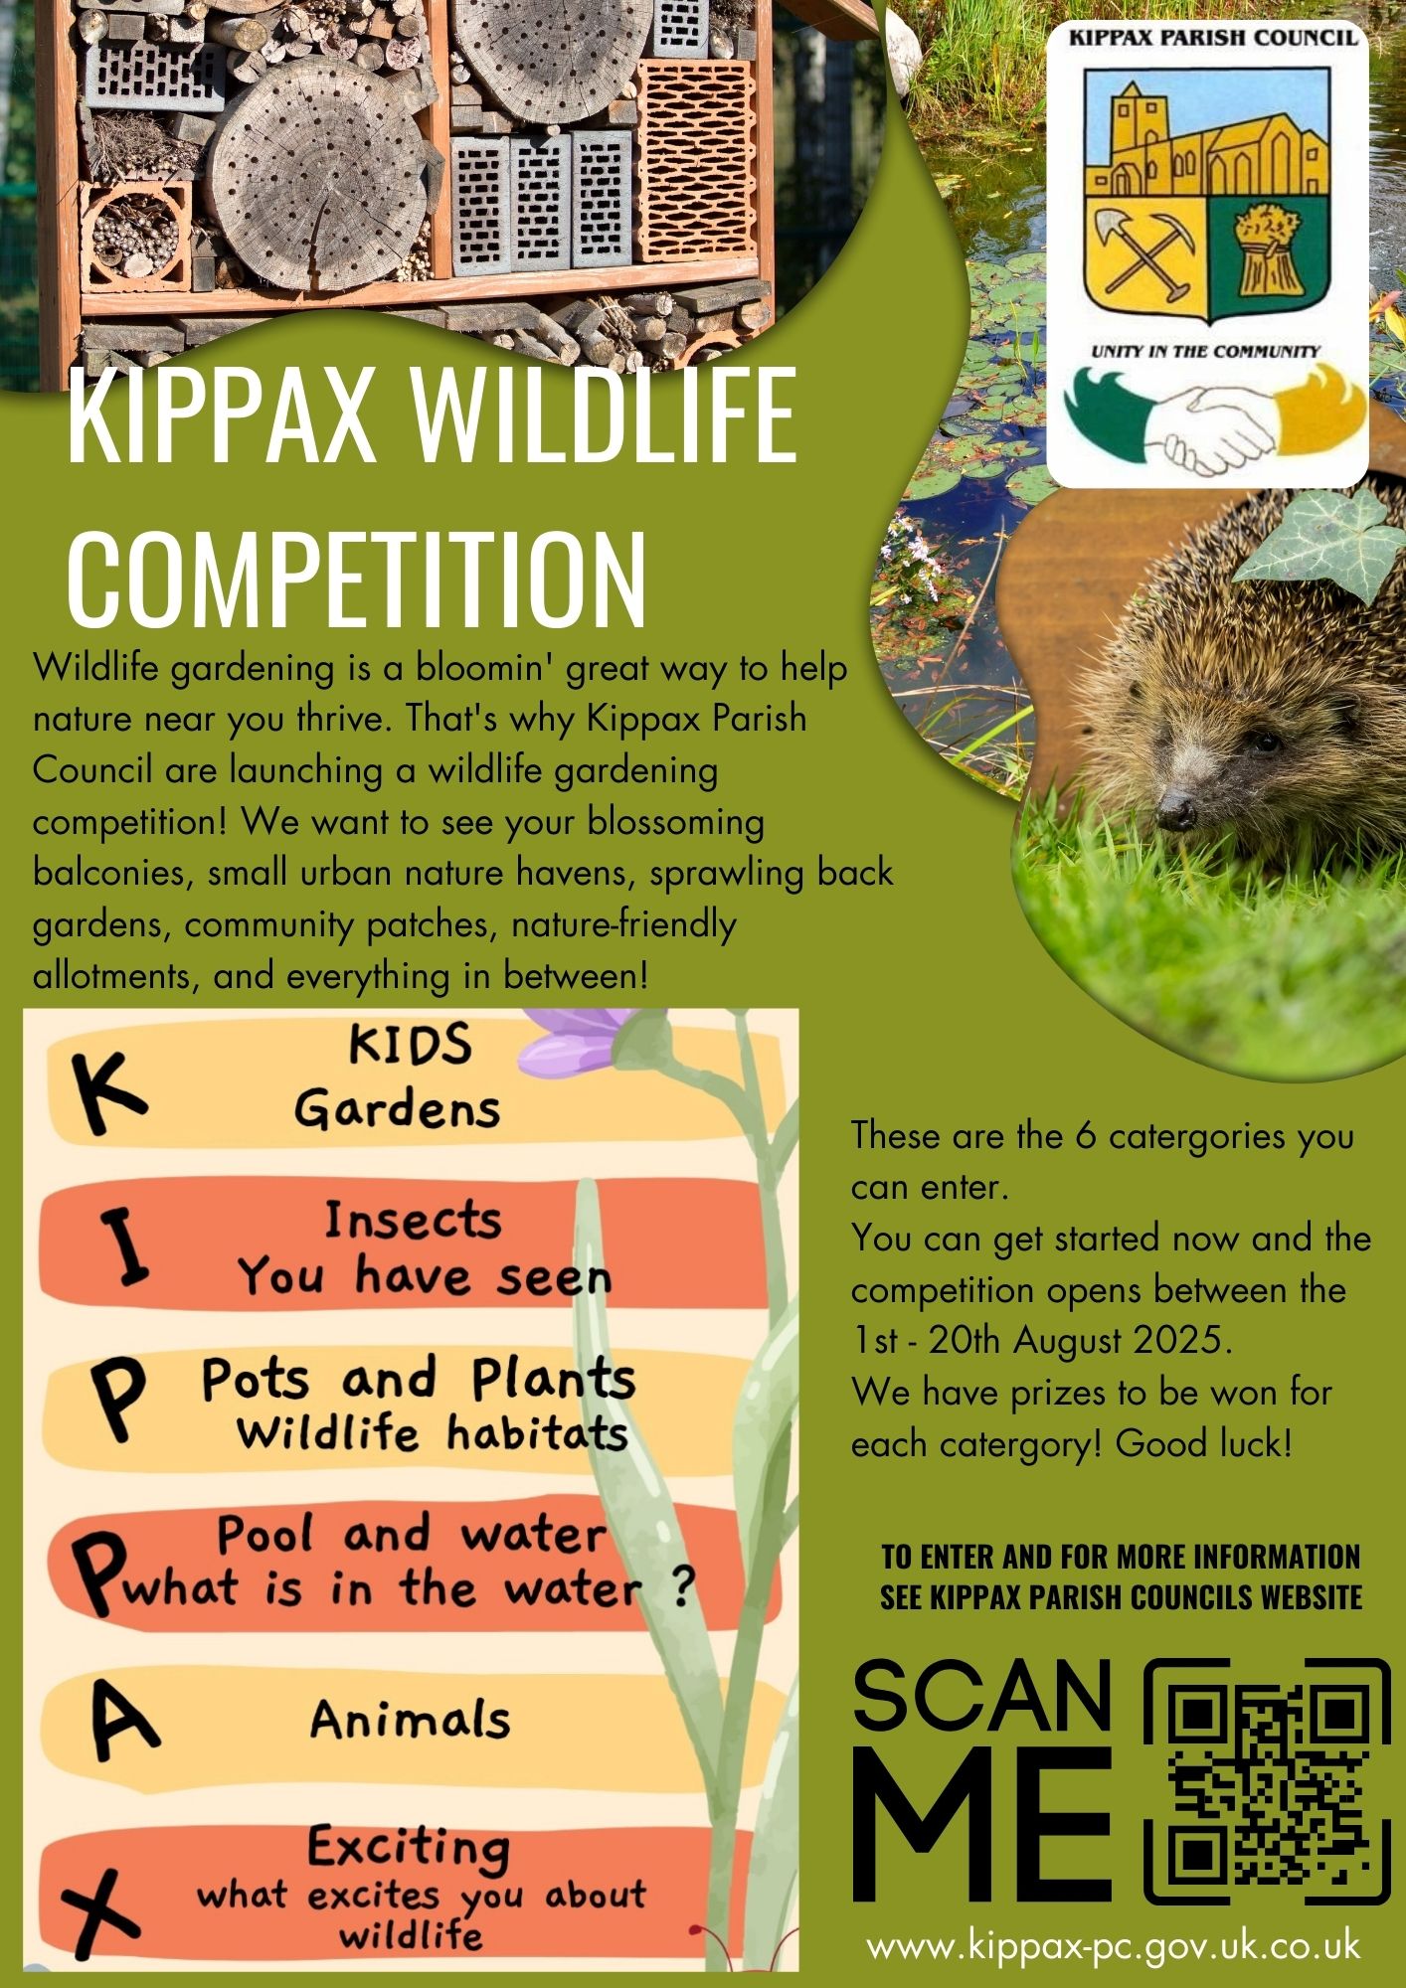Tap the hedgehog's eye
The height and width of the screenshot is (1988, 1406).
click(x=1264, y=741)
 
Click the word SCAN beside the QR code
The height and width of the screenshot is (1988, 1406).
click(x=981, y=1696)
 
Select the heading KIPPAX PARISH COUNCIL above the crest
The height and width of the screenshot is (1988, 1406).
click(x=1213, y=38)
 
